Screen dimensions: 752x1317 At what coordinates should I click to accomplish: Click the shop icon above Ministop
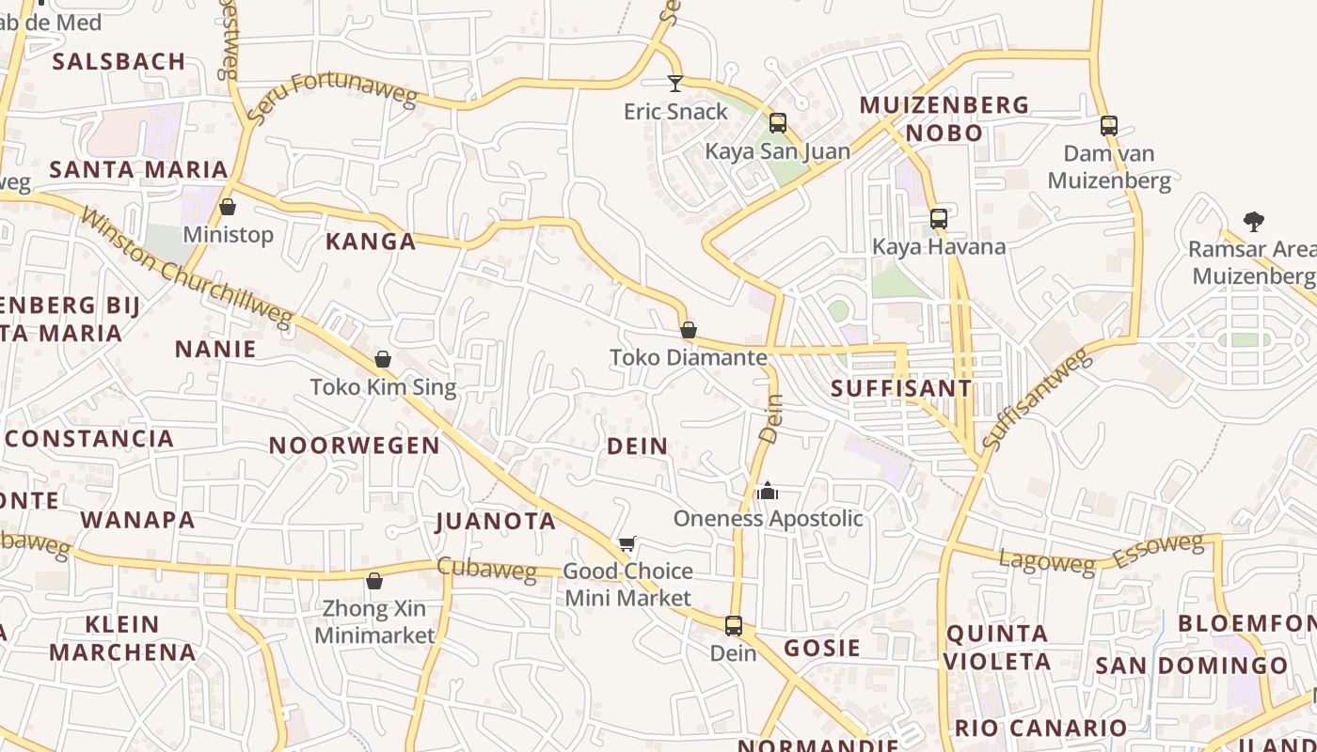click(228, 207)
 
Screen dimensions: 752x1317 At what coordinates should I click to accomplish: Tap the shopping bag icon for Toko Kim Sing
click(383, 359)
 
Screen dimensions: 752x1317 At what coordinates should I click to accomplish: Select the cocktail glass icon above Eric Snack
click(675, 84)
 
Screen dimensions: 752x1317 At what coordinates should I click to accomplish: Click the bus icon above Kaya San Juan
click(778, 123)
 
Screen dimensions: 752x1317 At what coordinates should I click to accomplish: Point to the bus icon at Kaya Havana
click(939, 219)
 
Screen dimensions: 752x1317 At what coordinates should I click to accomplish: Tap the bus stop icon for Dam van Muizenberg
click(1109, 126)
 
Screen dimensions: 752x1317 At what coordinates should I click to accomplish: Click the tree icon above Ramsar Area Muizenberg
click(1253, 222)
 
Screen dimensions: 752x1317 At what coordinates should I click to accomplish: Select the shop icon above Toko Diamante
click(689, 330)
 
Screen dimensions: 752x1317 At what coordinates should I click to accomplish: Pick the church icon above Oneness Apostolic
click(768, 491)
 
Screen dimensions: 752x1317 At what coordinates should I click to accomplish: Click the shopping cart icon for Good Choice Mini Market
click(627, 543)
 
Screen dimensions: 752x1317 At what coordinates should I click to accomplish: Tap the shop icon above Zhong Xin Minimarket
click(374, 581)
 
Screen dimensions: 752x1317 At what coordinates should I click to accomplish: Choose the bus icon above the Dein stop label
click(734, 625)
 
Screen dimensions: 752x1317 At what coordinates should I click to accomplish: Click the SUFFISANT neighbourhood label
click(901, 388)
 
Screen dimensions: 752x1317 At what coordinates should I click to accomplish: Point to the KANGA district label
click(371, 242)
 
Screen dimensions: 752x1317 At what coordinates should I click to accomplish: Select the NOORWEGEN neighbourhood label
click(355, 446)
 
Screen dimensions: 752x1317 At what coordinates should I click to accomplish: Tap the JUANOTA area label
click(496, 521)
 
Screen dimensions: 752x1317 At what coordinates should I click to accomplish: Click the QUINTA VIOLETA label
click(997, 648)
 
